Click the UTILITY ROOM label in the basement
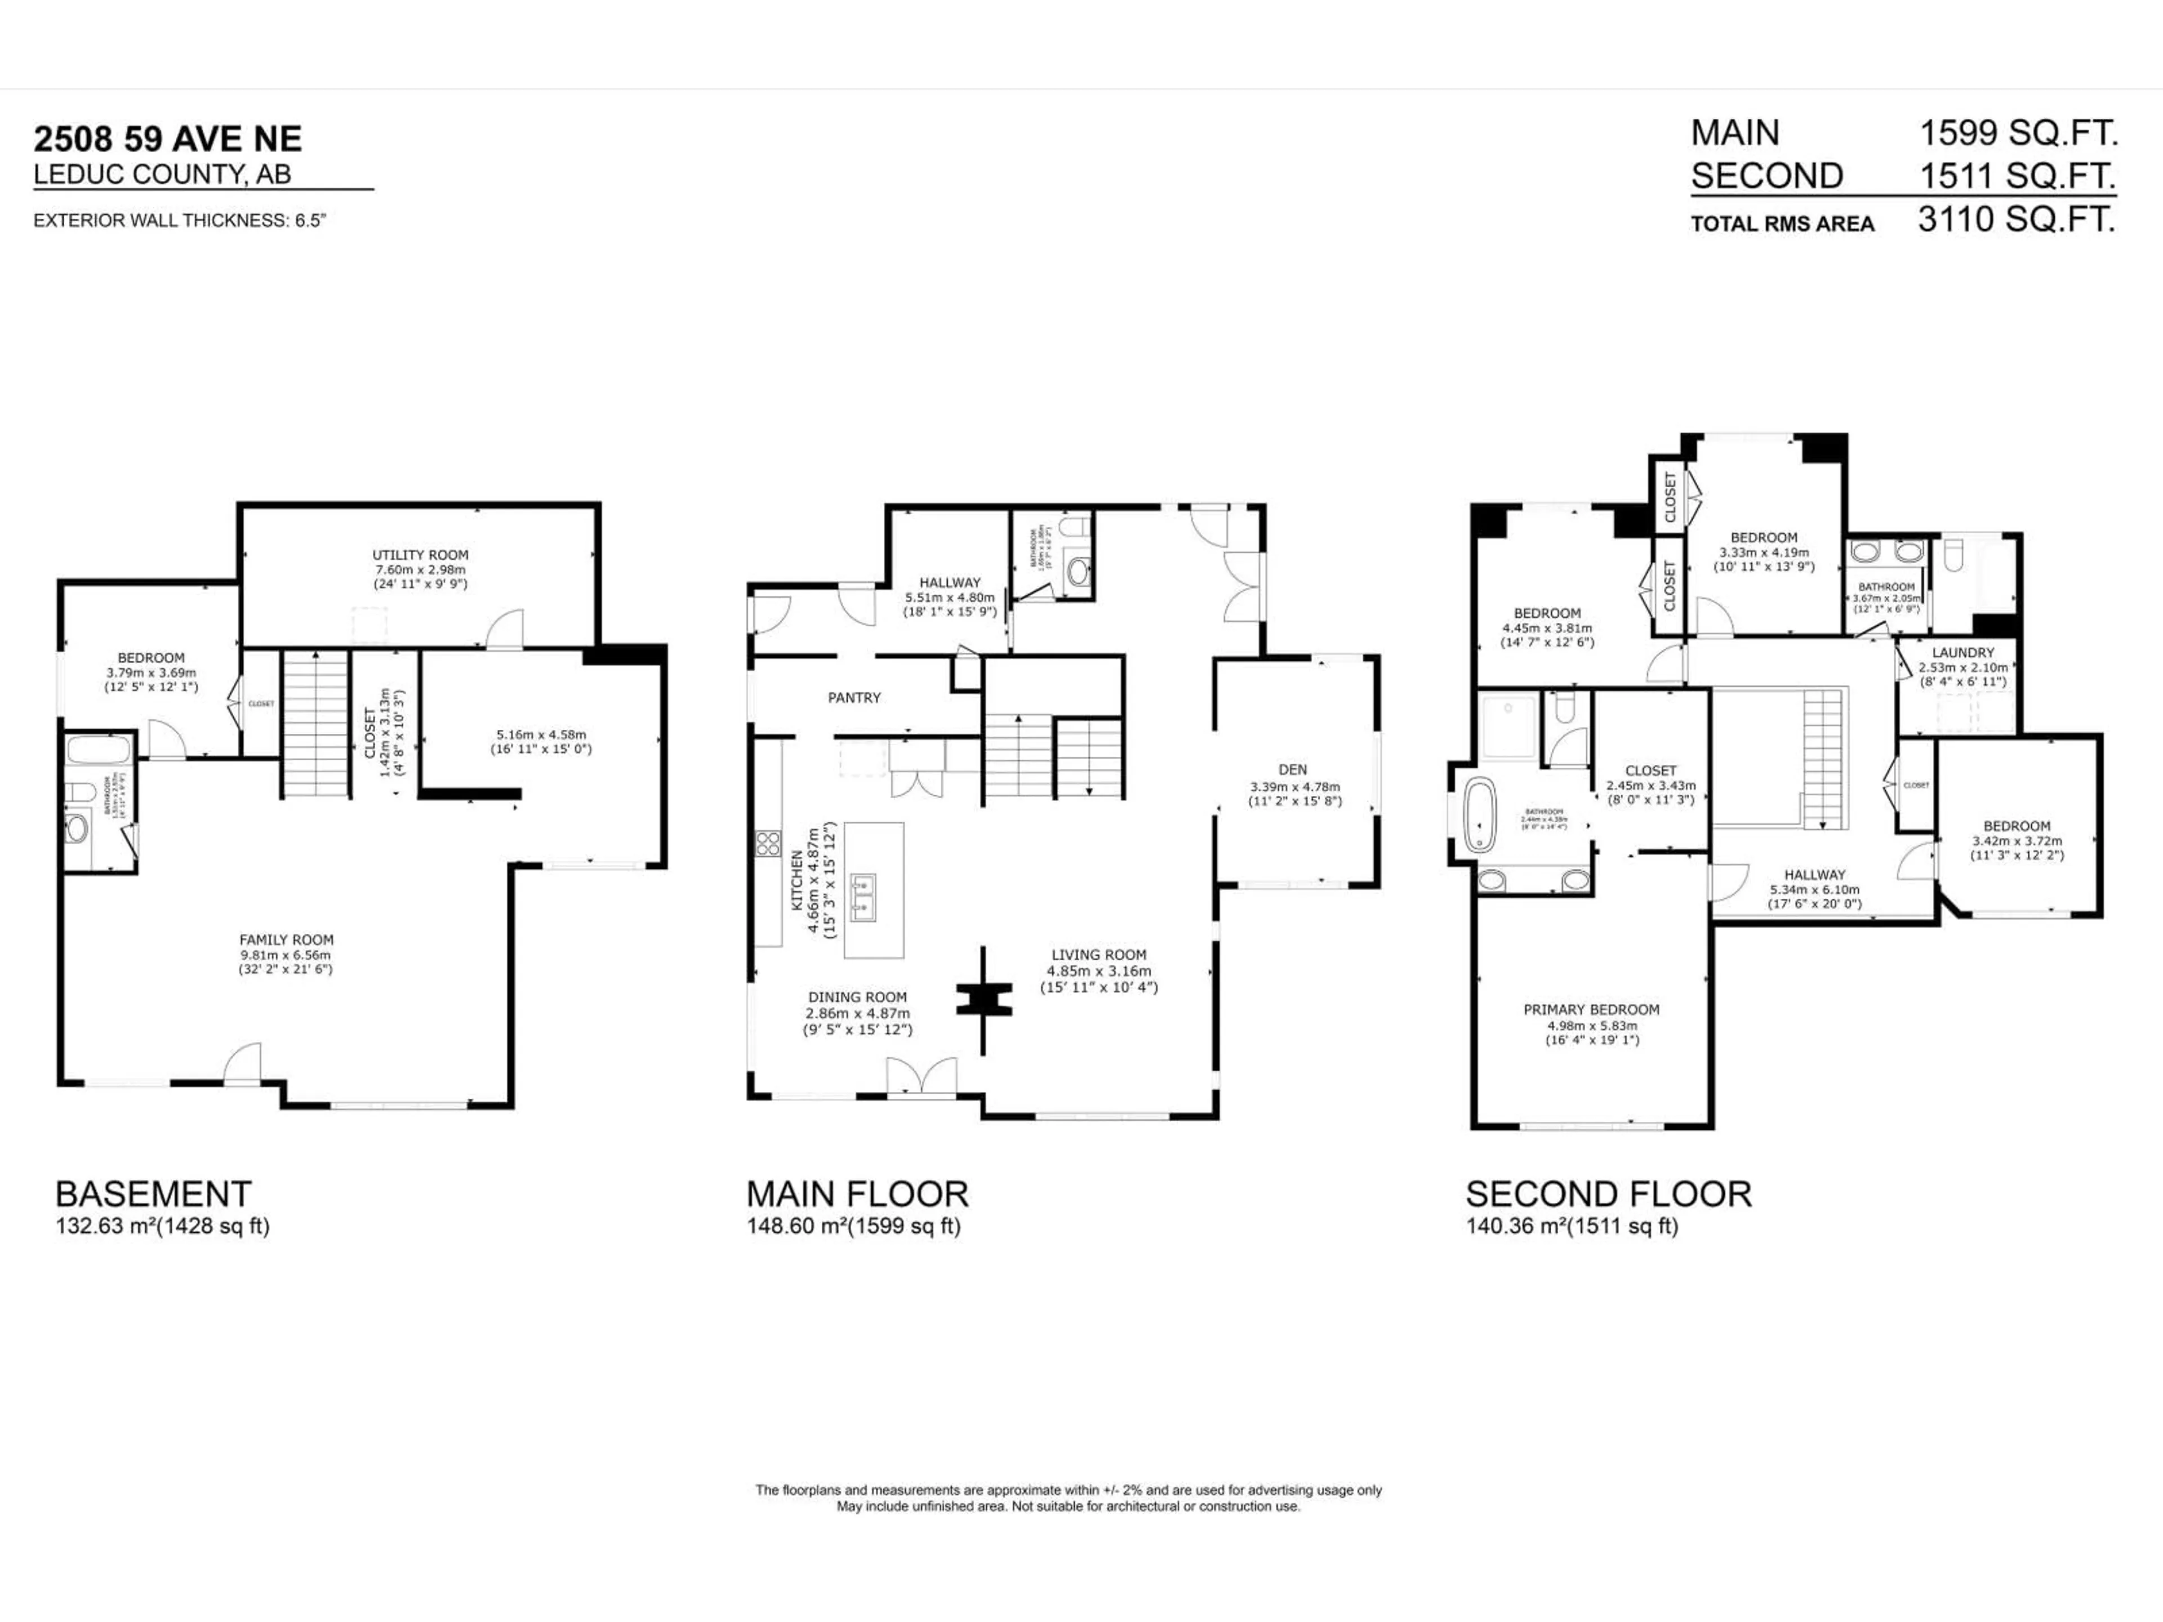click(420, 554)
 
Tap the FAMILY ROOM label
click(287, 939)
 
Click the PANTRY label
click(854, 697)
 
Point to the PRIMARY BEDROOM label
click(1591, 1009)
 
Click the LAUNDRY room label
click(1962, 652)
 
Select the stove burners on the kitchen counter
click(768, 843)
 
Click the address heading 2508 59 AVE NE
click(168, 139)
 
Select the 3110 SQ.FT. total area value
click(2017, 219)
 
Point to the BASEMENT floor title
click(154, 1194)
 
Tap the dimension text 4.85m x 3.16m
click(1098, 971)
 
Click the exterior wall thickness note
click(179, 220)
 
